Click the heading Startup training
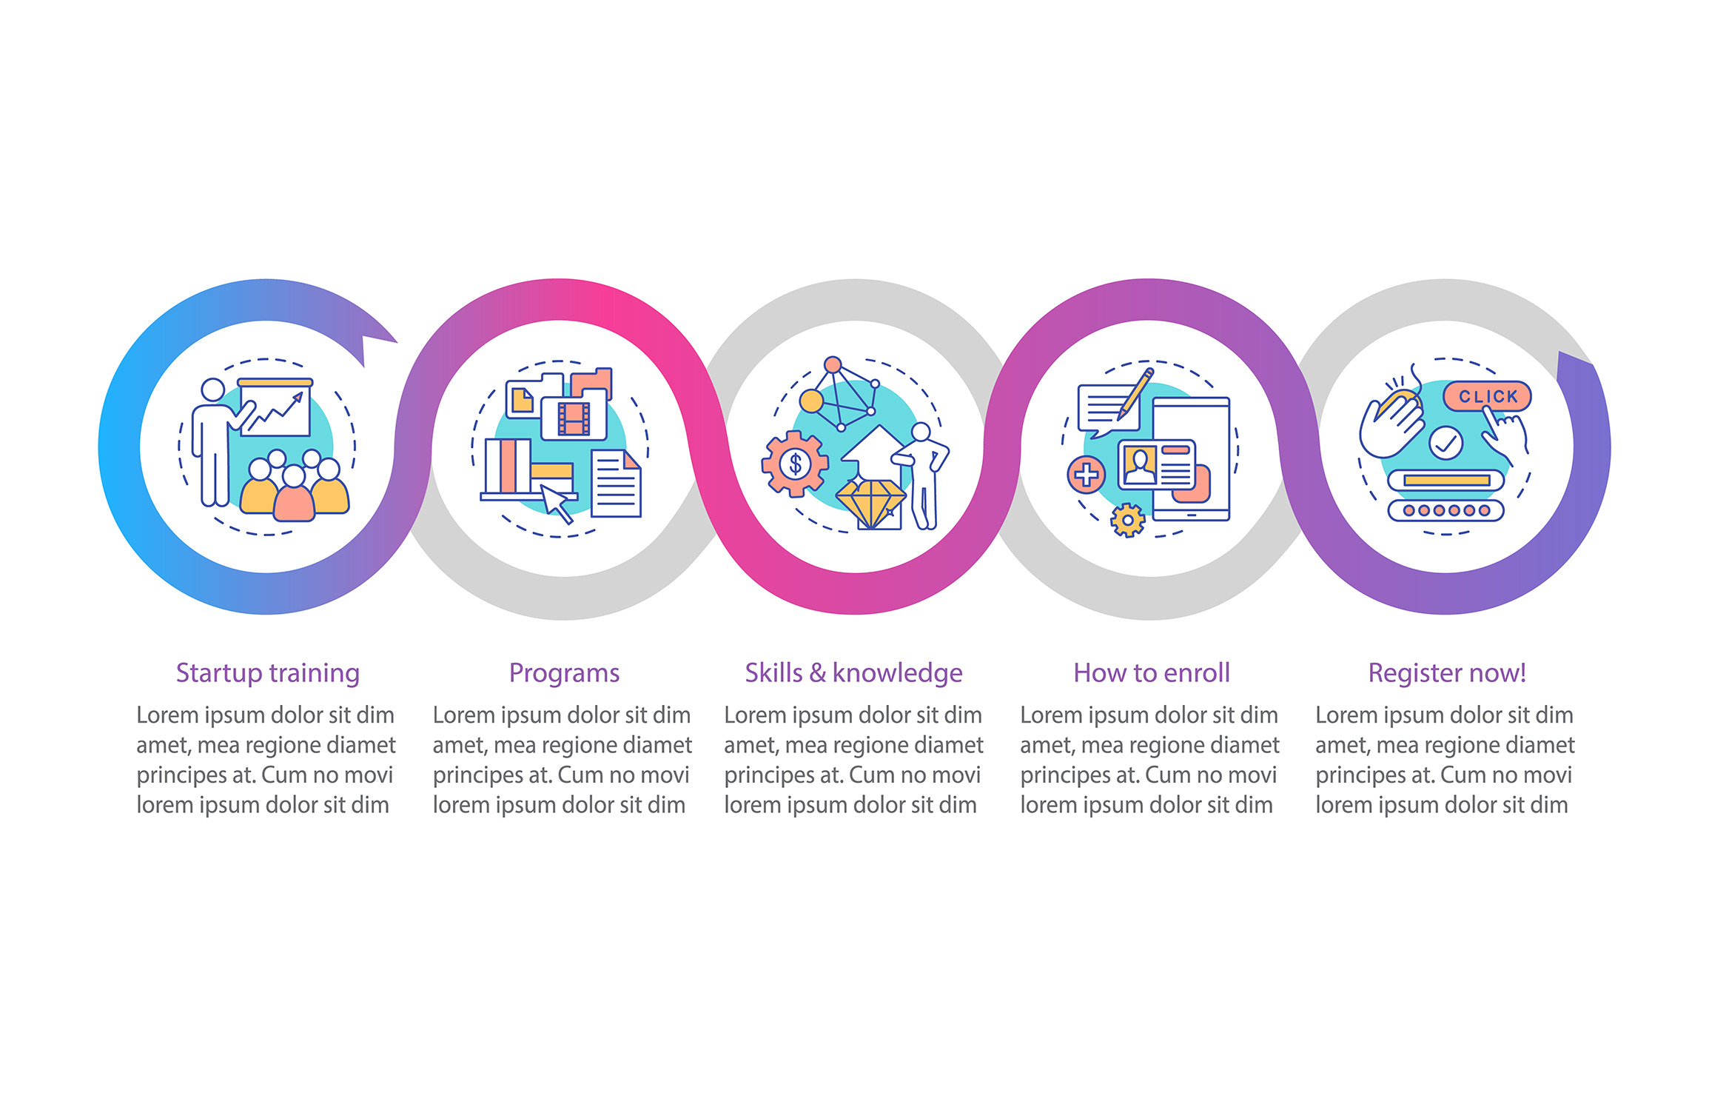click(267, 673)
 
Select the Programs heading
click(564, 673)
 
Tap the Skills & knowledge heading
click(853, 673)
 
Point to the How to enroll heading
click(1152, 672)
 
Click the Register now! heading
click(1446, 673)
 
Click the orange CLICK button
click(1487, 396)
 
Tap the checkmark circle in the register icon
click(1446, 443)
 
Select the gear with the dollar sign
click(795, 464)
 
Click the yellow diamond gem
click(870, 504)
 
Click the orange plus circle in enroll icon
click(1086, 475)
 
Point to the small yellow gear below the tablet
click(1127, 520)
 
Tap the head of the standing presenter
click(213, 390)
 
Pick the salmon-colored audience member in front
click(294, 494)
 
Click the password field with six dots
click(1446, 510)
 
